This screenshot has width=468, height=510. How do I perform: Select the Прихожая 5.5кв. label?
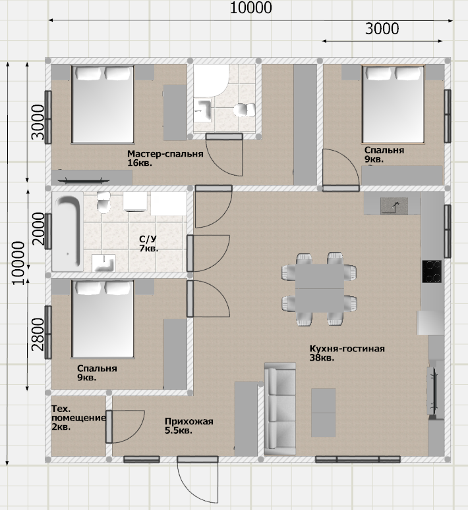pyautogui.click(x=189, y=426)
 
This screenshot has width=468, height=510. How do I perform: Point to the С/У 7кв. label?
pyautogui.click(x=148, y=243)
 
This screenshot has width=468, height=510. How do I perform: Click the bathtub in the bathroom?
pyautogui.click(x=67, y=232)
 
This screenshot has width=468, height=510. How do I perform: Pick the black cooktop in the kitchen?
pyautogui.click(x=432, y=271)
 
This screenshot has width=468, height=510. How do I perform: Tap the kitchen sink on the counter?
pyautogui.click(x=394, y=206)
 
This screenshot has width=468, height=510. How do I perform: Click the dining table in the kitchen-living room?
pyautogui.click(x=320, y=288)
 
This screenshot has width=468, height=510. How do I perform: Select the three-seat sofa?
pyautogui.click(x=280, y=409)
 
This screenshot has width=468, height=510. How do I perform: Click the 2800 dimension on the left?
pyautogui.click(x=38, y=334)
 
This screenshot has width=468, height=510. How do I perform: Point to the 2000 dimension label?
pyautogui.click(x=38, y=228)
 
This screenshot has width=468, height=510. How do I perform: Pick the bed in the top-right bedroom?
pyautogui.click(x=393, y=104)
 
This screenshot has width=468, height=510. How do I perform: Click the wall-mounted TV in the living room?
pyautogui.click(x=432, y=392)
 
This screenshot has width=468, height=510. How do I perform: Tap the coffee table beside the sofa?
pyautogui.click(x=323, y=413)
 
